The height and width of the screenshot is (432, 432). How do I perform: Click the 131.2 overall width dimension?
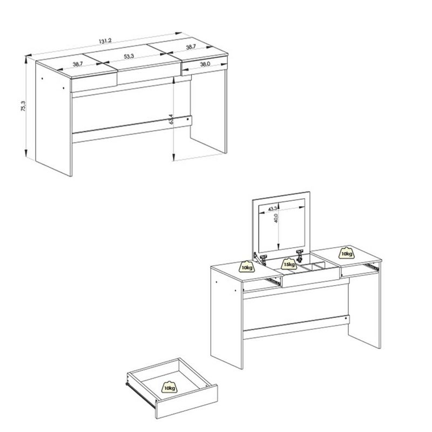click(105, 41)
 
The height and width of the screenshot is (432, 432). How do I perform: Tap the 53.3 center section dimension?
click(129, 57)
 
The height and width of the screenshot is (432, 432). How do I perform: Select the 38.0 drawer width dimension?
click(205, 64)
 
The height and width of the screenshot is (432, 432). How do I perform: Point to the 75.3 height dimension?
click(23, 106)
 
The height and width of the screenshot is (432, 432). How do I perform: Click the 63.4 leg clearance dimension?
click(171, 119)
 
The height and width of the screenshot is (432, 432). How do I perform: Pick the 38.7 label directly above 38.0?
click(191, 47)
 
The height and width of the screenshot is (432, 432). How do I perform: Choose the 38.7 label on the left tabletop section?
click(78, 64)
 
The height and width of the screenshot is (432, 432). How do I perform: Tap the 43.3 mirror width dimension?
click(272, 209)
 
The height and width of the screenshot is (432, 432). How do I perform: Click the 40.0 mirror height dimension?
click(276, 218)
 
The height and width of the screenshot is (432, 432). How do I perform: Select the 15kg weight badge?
click(288, 264)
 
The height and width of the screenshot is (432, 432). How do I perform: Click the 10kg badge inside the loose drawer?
click(170, 387)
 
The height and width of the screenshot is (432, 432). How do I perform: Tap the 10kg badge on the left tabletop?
click(247, 266)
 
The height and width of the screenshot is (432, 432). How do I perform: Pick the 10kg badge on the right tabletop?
click(347, 253)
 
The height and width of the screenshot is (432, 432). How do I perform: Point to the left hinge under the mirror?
click(264, 259)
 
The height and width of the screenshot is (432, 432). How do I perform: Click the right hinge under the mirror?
click(300, 255)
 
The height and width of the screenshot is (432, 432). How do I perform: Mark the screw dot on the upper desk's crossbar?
click(187, 119)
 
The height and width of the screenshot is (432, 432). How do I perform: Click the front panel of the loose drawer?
click(186, 402)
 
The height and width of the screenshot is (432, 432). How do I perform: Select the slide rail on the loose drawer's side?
click(141, 393)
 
